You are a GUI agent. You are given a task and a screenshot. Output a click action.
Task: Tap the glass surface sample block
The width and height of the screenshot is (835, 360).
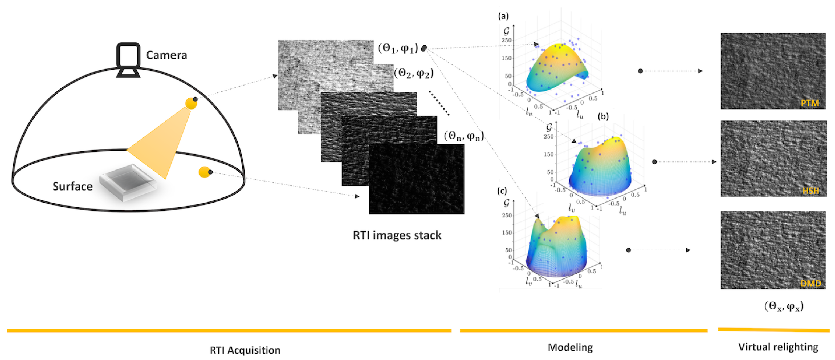(x=128, y=182)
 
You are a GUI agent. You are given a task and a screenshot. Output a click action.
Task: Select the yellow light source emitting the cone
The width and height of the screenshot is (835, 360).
(x=191, y=103)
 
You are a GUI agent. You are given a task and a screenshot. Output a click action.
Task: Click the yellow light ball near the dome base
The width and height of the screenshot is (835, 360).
(x=205, y=172)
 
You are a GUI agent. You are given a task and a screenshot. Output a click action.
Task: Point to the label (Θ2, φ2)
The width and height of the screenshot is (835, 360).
(x=414, y=74)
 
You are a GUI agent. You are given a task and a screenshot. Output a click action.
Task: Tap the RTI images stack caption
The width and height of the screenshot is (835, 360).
(x=397, y=235)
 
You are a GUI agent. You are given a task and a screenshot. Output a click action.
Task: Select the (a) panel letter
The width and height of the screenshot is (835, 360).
(x=503, y=16)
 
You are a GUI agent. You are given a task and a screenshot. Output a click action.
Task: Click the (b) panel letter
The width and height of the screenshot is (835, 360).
(x=603, y=116)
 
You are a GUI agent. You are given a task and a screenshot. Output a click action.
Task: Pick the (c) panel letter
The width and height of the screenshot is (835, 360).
(x=502, y=191)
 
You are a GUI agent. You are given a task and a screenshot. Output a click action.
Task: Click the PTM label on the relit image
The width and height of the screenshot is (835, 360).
(x=810, y=103)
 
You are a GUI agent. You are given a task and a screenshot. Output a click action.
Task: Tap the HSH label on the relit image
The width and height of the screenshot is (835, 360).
(x=811, y=190)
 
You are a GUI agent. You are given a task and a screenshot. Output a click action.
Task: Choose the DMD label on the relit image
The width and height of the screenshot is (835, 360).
(x=811, y=284)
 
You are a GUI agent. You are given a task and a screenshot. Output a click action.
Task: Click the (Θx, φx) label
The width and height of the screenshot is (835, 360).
(x=784, y=306)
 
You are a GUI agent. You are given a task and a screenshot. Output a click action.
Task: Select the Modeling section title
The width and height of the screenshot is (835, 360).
(x=570, y=347)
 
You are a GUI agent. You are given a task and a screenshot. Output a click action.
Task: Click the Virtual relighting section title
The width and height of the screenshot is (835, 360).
(x=778, y=347)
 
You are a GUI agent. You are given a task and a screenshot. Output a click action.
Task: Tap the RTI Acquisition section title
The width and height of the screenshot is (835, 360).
(x=245, y=350)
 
